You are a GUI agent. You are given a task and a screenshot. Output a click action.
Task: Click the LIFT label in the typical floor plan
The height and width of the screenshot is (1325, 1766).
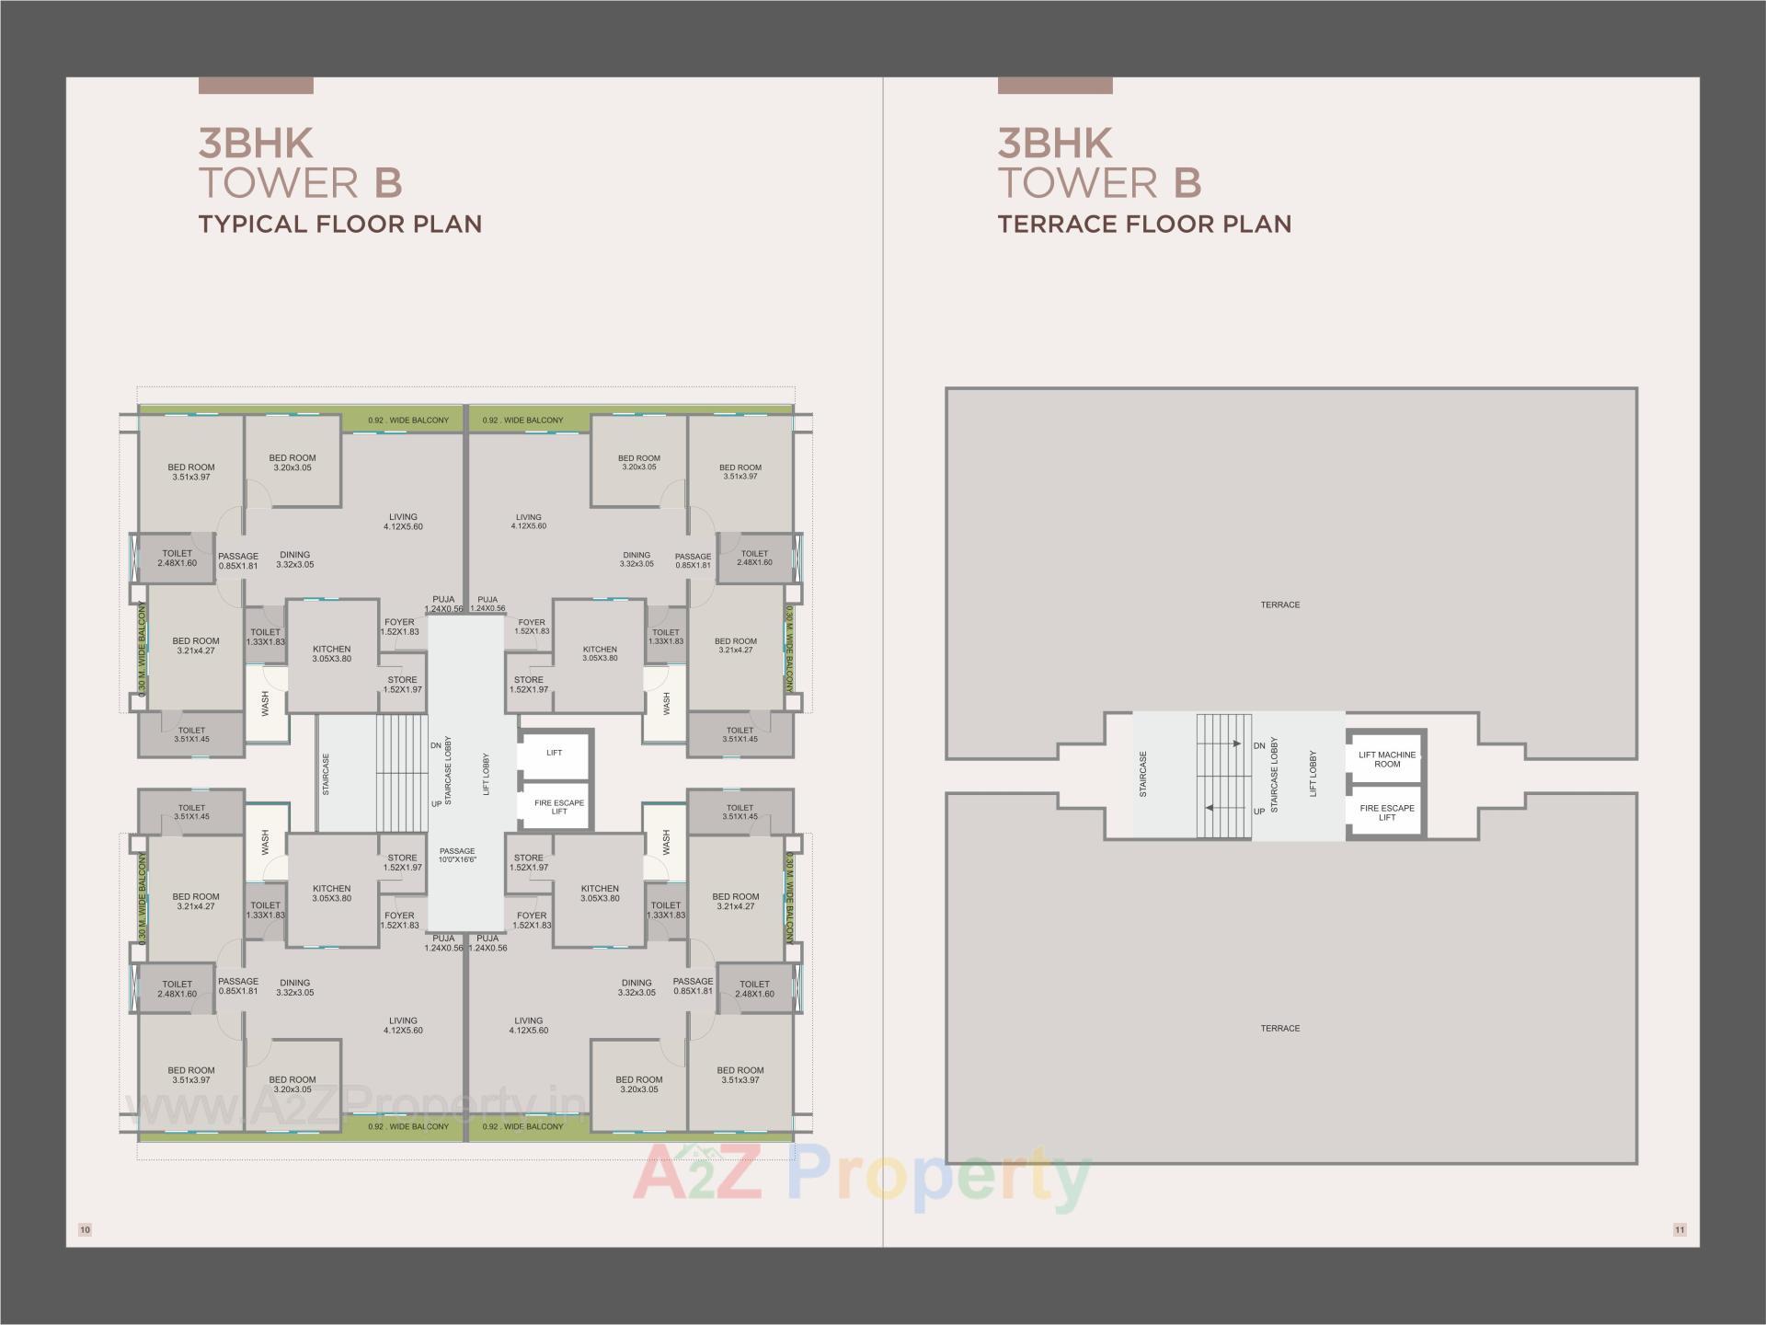pyautogui.click(x=554, y=753)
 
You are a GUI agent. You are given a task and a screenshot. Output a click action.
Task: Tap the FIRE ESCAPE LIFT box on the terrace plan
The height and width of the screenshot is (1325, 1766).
pyautogui.click(x=1387, y=812)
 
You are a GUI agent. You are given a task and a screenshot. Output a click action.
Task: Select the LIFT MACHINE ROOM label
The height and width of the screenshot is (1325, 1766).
pyautogui.click(x=1387, y=759)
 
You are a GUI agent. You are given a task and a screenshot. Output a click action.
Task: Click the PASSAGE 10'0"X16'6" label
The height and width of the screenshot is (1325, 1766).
pyautogui.click(x=457, y=855)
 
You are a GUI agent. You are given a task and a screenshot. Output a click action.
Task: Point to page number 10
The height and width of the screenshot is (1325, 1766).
pyautogui.click(x=86, y=1229)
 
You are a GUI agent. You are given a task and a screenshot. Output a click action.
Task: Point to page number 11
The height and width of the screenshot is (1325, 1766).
pyautogui.click(x=1680, y=1229)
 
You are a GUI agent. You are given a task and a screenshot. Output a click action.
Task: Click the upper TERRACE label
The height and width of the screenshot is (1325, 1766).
pyautogui.click(x=1279, y=605)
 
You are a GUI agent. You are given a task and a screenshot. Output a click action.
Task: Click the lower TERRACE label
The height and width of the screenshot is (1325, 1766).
pyautogui.click(x=1279, y=1028)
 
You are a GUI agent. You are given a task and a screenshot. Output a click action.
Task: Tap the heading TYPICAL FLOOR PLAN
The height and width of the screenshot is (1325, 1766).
pyautogui.click(x=340, y=224)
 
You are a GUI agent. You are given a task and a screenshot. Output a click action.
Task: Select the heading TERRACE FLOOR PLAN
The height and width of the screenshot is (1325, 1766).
pyautogui.click(x=1144, y=224)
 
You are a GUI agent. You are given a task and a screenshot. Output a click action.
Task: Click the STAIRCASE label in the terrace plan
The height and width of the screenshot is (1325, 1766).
pyautogui.click(x=1143, y=774)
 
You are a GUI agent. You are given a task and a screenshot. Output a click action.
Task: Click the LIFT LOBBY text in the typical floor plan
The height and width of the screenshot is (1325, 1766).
pyautogui.click(x=487, y=774)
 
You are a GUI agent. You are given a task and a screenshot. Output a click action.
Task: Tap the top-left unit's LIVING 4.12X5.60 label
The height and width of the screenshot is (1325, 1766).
pyautogui.click(x=403, y=522)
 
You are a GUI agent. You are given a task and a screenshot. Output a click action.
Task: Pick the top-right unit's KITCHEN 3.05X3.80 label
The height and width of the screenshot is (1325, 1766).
pyautogui.click(x=600, y=653)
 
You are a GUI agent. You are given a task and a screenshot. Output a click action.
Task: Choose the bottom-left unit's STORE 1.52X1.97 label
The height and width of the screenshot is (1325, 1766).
pyautogui.click(x=402, y=862)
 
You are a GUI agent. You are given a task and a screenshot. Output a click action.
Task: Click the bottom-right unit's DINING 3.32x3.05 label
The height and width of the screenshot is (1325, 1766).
pyautogui.click(x=636, y=987)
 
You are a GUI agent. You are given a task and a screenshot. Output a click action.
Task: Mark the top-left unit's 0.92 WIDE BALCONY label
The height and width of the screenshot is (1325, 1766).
pyautogui.click(x=408, y=421)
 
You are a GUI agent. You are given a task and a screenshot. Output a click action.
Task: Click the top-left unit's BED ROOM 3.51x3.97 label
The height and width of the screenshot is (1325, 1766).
pyautogui.click(x=190, y=472)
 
